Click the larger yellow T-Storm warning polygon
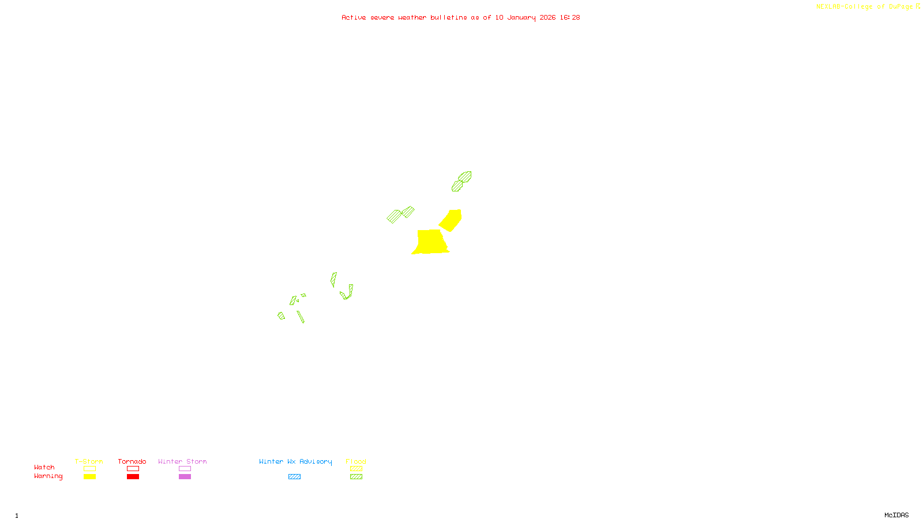tap(430, 242)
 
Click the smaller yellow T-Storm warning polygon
tap(451, 220)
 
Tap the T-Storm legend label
tap(89, 461)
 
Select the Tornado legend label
tap(132, 461)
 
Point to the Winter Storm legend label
tap(182, 461)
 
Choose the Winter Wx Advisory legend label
tap(295, 461)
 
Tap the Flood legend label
tap(356, 461)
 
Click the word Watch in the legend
tap(44, 467)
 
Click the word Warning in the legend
tap(48, 476)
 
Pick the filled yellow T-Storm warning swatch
tap(89, 477)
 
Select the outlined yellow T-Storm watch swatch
tap(89, 469)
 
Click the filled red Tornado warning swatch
tap(133, 477)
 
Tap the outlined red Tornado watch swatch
tap(133, 469)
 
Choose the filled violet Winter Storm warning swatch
tap(185, 477)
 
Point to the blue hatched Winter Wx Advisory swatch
tap(294, 477)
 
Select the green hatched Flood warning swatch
tap(356, 477)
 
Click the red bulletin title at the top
tap(461, 17)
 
